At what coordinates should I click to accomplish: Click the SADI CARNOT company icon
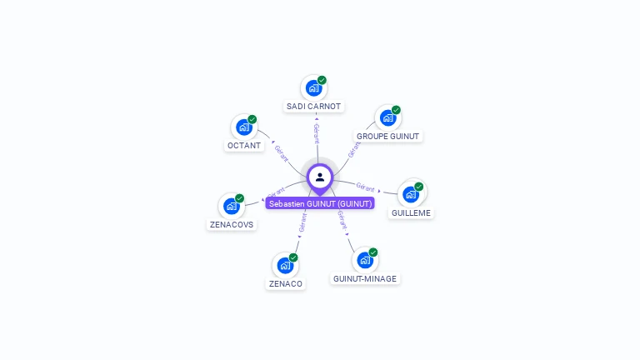click(313, 87)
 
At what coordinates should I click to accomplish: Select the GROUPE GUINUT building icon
click(387, 117)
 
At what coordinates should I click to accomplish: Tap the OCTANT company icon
click(243, 127)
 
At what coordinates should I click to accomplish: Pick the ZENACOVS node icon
click(231, 206)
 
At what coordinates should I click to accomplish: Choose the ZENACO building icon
click(285, 266)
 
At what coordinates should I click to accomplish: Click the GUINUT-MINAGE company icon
click(365, 260)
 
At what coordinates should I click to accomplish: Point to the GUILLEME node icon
click(411, 194)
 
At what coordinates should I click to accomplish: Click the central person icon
click(320, 177)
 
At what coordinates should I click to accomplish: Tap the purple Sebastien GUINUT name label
click(320, 203)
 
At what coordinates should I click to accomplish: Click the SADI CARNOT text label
click(313, 107)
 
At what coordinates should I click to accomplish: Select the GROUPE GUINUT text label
click(388, 136)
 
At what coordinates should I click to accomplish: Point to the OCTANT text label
click(244, 145)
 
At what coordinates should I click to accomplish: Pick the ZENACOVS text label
click(232, 224)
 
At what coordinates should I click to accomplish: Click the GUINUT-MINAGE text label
click(365, 278)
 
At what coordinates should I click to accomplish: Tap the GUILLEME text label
click(411, 212)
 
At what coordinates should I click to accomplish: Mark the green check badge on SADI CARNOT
click(322, 80)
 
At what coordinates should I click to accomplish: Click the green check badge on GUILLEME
click(419, 187)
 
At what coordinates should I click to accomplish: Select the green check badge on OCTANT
click(252, 119)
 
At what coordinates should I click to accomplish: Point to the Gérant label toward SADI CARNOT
click(316, 132)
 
